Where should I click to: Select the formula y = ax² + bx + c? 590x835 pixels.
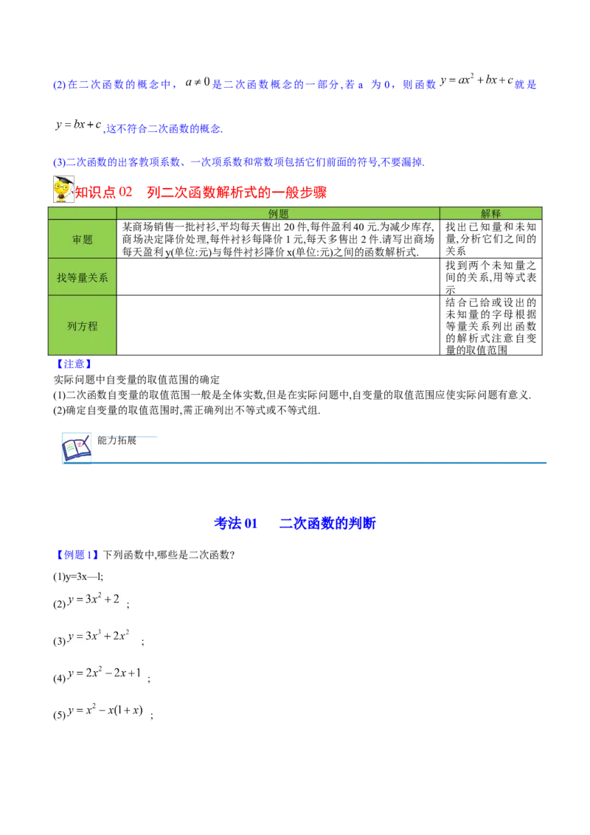pos(477,80)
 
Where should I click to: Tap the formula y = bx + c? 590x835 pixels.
pos(77,125)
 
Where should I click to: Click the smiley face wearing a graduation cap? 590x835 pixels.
pos(64,190)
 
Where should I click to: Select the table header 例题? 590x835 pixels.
pos(278,213)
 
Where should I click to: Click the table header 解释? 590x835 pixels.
pos(490,213)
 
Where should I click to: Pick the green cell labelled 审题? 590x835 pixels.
pos(83,239)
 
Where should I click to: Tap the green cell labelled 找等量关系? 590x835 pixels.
pos(83,277)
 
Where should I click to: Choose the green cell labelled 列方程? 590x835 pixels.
pos(83,325)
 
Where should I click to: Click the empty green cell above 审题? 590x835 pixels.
pos(83,213)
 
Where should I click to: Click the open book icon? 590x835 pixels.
pos(77,448)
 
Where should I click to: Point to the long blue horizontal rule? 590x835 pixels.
pos(322,463)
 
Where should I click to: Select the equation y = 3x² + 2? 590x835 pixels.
pos(94,599)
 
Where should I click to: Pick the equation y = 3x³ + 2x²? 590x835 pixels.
pos(100,637)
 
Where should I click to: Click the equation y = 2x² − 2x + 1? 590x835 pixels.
pos(105,673)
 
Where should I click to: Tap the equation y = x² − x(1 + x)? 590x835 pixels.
pos(105,709)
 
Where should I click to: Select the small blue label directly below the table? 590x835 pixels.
pos(74,364)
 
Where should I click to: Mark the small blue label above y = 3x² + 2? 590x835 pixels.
pos(77,555)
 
